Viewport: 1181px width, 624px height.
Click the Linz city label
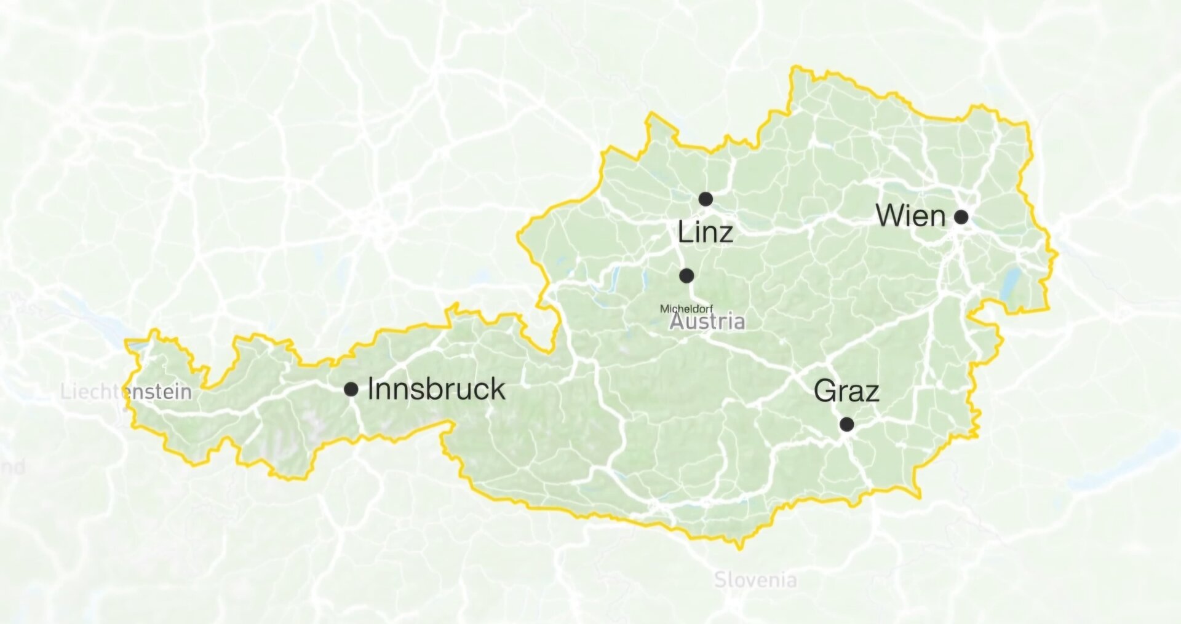coord(705,232)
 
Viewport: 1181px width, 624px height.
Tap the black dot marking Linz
coord(706,199)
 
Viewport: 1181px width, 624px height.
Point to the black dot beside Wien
coord(961,216)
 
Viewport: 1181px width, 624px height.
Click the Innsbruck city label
coord(436,389)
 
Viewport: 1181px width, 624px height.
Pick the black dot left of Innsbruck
coord(351,389)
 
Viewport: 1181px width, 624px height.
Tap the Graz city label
coord(846,391)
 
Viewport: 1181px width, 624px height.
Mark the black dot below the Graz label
coord(847,424)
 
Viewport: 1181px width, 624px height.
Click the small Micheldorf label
coord(686,309)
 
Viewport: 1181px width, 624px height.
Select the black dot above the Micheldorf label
coord(686,275)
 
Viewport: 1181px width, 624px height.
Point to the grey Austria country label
coord(707,322)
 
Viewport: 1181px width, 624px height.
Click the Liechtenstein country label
coord(126,392)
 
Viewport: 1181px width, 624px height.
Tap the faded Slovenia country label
coord(755,579)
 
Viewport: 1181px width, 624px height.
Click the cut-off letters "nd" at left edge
coord(12,467)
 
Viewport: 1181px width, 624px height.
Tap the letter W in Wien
coord(889,216)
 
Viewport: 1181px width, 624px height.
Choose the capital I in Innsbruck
coord(370,389)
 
